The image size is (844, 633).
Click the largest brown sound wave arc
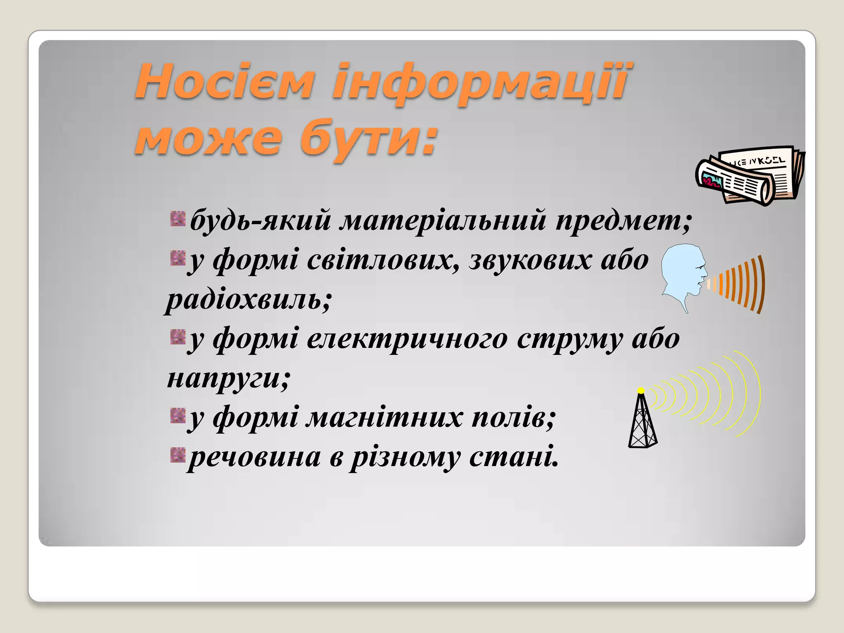(761, 284)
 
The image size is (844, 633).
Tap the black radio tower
(642, 422)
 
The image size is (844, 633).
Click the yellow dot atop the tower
(641, 390)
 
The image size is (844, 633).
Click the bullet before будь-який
(178, 219)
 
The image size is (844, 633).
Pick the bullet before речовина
(178, 455)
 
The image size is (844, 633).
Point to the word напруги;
(229, 378)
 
